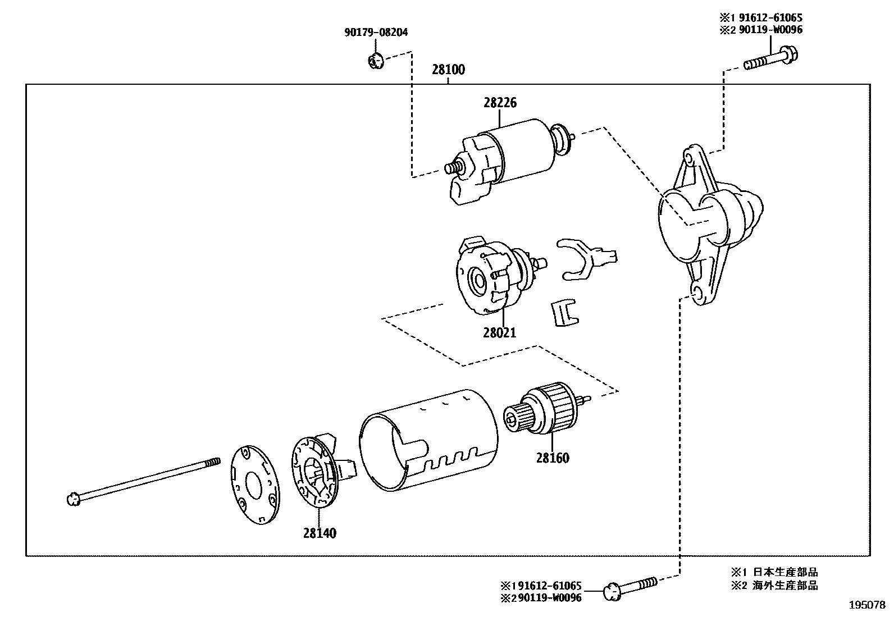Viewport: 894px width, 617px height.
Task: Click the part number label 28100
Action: click(448, 70)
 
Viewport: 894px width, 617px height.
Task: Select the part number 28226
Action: click(499, 103)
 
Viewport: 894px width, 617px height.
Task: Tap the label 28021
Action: click(499, 332)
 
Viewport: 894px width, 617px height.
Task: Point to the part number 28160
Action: click(552, 458)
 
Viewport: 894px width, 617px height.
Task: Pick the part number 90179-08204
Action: click(376, 33)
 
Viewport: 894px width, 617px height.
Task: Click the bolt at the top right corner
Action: click(772, 59)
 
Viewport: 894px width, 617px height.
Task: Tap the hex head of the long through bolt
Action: click(72, 498)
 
